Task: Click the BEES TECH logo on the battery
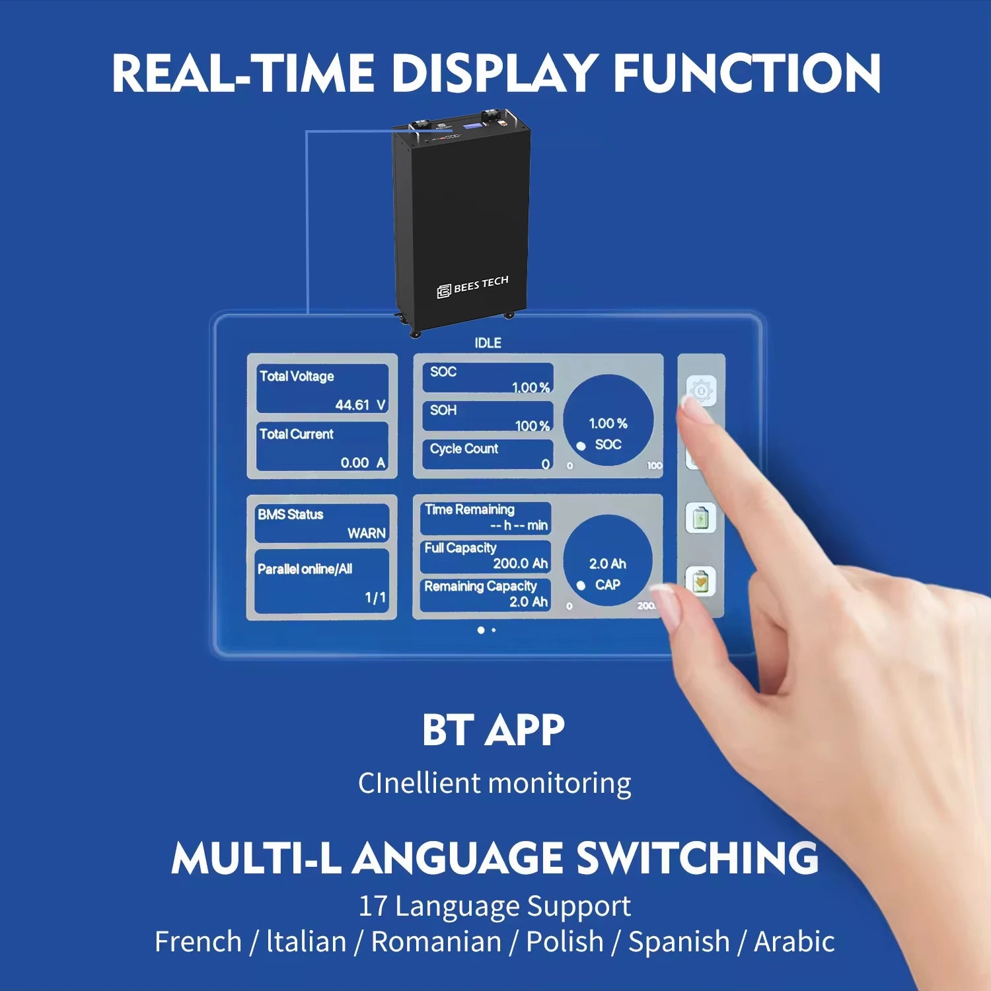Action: tap(472, 287)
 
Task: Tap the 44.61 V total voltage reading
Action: tap(360, 404)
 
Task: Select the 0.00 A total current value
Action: tap(363, 462)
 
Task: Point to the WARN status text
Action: tap(367, 533)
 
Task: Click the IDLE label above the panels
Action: tap(488, 343)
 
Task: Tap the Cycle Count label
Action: tap(464, 449)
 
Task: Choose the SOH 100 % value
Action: tap(532, 426)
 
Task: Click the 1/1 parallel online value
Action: tap(375, 597)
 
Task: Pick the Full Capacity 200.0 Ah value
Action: tap(521, 563)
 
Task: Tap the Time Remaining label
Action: tap(470, 509)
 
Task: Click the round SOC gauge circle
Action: tap(608, 420)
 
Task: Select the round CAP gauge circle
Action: tap(608, 560)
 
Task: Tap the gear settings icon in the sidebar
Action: tap(701, 392)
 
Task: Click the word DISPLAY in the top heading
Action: tap(495, 73)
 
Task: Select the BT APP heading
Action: tap(494, 730)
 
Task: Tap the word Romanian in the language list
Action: tap(436, 941)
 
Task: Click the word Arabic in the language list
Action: tap(794, 941)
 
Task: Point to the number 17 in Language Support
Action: tap(372, 906)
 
